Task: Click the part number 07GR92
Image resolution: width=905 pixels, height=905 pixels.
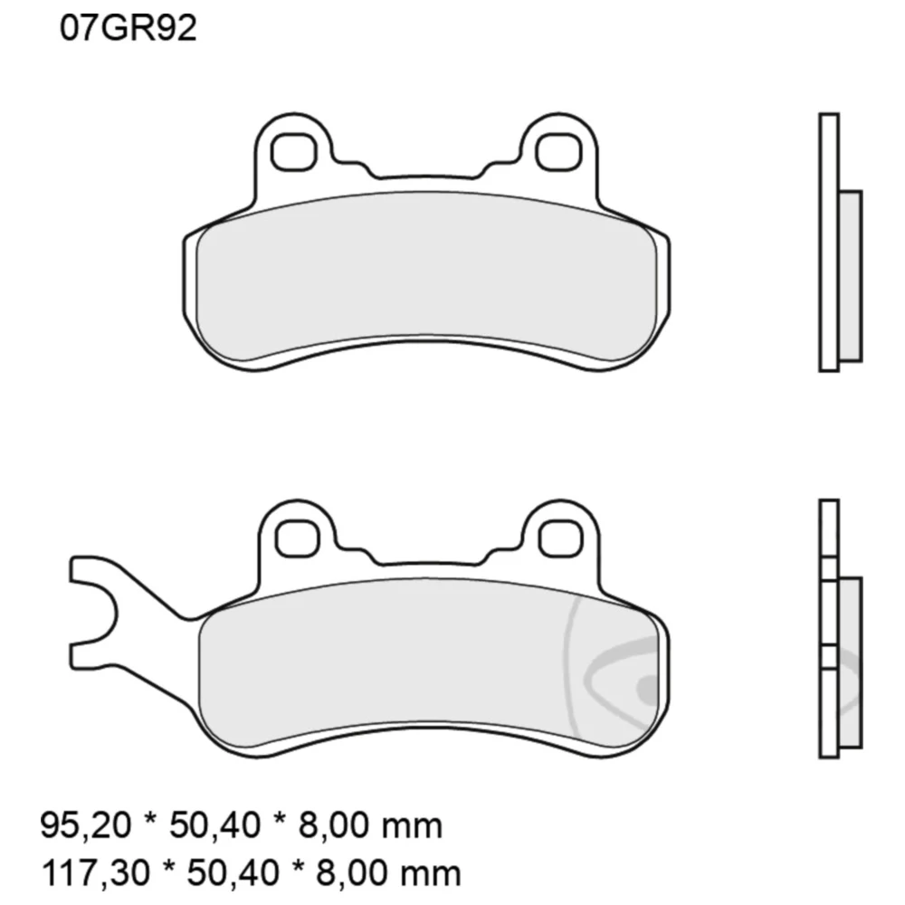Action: (129, 28)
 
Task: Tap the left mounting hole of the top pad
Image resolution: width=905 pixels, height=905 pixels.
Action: (294, 152)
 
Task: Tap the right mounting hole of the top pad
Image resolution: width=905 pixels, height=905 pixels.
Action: (557, 152)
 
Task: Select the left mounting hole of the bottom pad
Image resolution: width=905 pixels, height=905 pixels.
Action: (297, 538)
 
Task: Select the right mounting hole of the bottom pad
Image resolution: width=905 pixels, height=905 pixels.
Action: (560, 538)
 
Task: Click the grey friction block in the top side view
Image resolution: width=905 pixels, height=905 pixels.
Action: (850, 276)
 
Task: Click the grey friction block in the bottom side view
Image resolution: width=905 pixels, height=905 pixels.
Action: (850, 662)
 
